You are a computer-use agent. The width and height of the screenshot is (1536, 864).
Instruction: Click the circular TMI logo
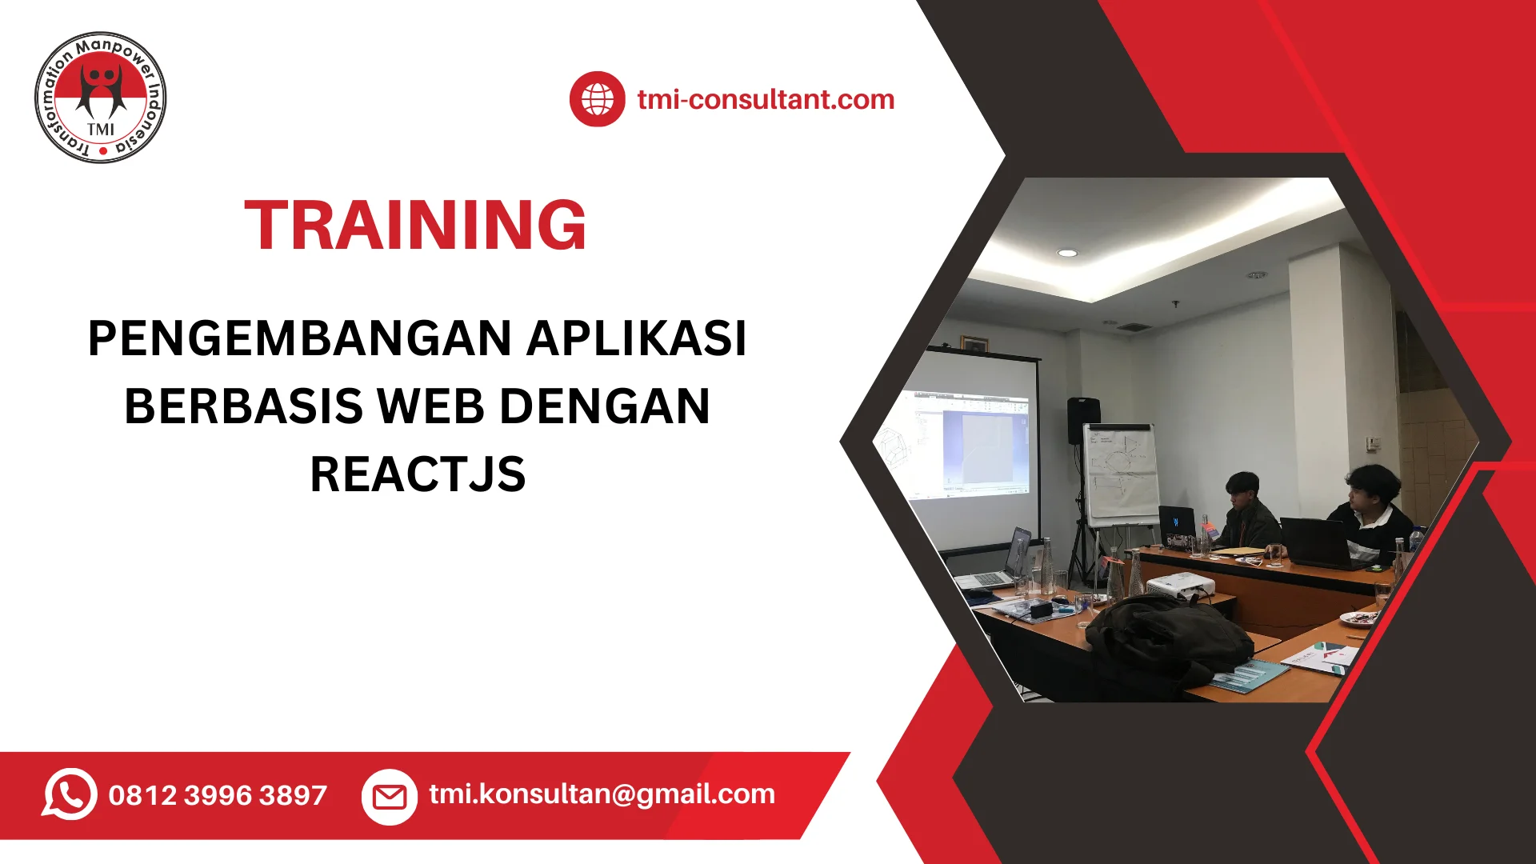[101, 98]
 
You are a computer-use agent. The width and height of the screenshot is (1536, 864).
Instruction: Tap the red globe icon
[597, 99]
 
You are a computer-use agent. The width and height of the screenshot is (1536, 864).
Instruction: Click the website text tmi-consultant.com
[766, 99]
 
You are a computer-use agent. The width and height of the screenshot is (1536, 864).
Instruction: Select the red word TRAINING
[416, 226]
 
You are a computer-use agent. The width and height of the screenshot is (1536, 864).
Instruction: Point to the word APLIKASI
[637, 338]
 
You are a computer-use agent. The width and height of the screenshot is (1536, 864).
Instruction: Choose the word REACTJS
[418, 474]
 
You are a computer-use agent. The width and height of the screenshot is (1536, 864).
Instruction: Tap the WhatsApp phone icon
[70, 794]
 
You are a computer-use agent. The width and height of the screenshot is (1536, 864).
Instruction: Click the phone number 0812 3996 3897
[218, 795]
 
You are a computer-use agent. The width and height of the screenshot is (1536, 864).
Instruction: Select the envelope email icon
[390, 797]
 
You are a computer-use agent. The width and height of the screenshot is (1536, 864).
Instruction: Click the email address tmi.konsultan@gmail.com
[602, 794]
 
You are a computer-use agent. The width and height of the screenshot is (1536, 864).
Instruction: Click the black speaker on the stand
[1083, 419]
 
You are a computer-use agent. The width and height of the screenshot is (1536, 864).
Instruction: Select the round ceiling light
[1067, 253]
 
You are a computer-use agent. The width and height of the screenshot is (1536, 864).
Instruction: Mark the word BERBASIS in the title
[243, 406]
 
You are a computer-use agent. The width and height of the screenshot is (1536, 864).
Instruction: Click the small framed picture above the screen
[974, 343]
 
